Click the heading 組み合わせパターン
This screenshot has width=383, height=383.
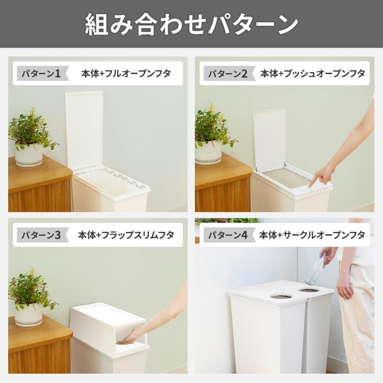click(191, 24)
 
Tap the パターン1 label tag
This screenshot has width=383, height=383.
click(40, 74)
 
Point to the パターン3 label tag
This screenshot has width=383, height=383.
click(40, 235)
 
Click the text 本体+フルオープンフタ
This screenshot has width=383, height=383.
click(126, 73)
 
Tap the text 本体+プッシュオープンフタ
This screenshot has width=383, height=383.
click(313, 73)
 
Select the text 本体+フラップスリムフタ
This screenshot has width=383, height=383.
click(126, 235)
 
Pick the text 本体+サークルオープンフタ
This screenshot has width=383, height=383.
click(312, 235)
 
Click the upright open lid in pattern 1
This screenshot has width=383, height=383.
click(84, 128)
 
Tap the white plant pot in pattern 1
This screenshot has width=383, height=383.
click(29, 154)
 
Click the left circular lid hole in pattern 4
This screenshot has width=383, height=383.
click(281, 296)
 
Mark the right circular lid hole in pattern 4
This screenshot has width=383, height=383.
click(309, 290)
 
